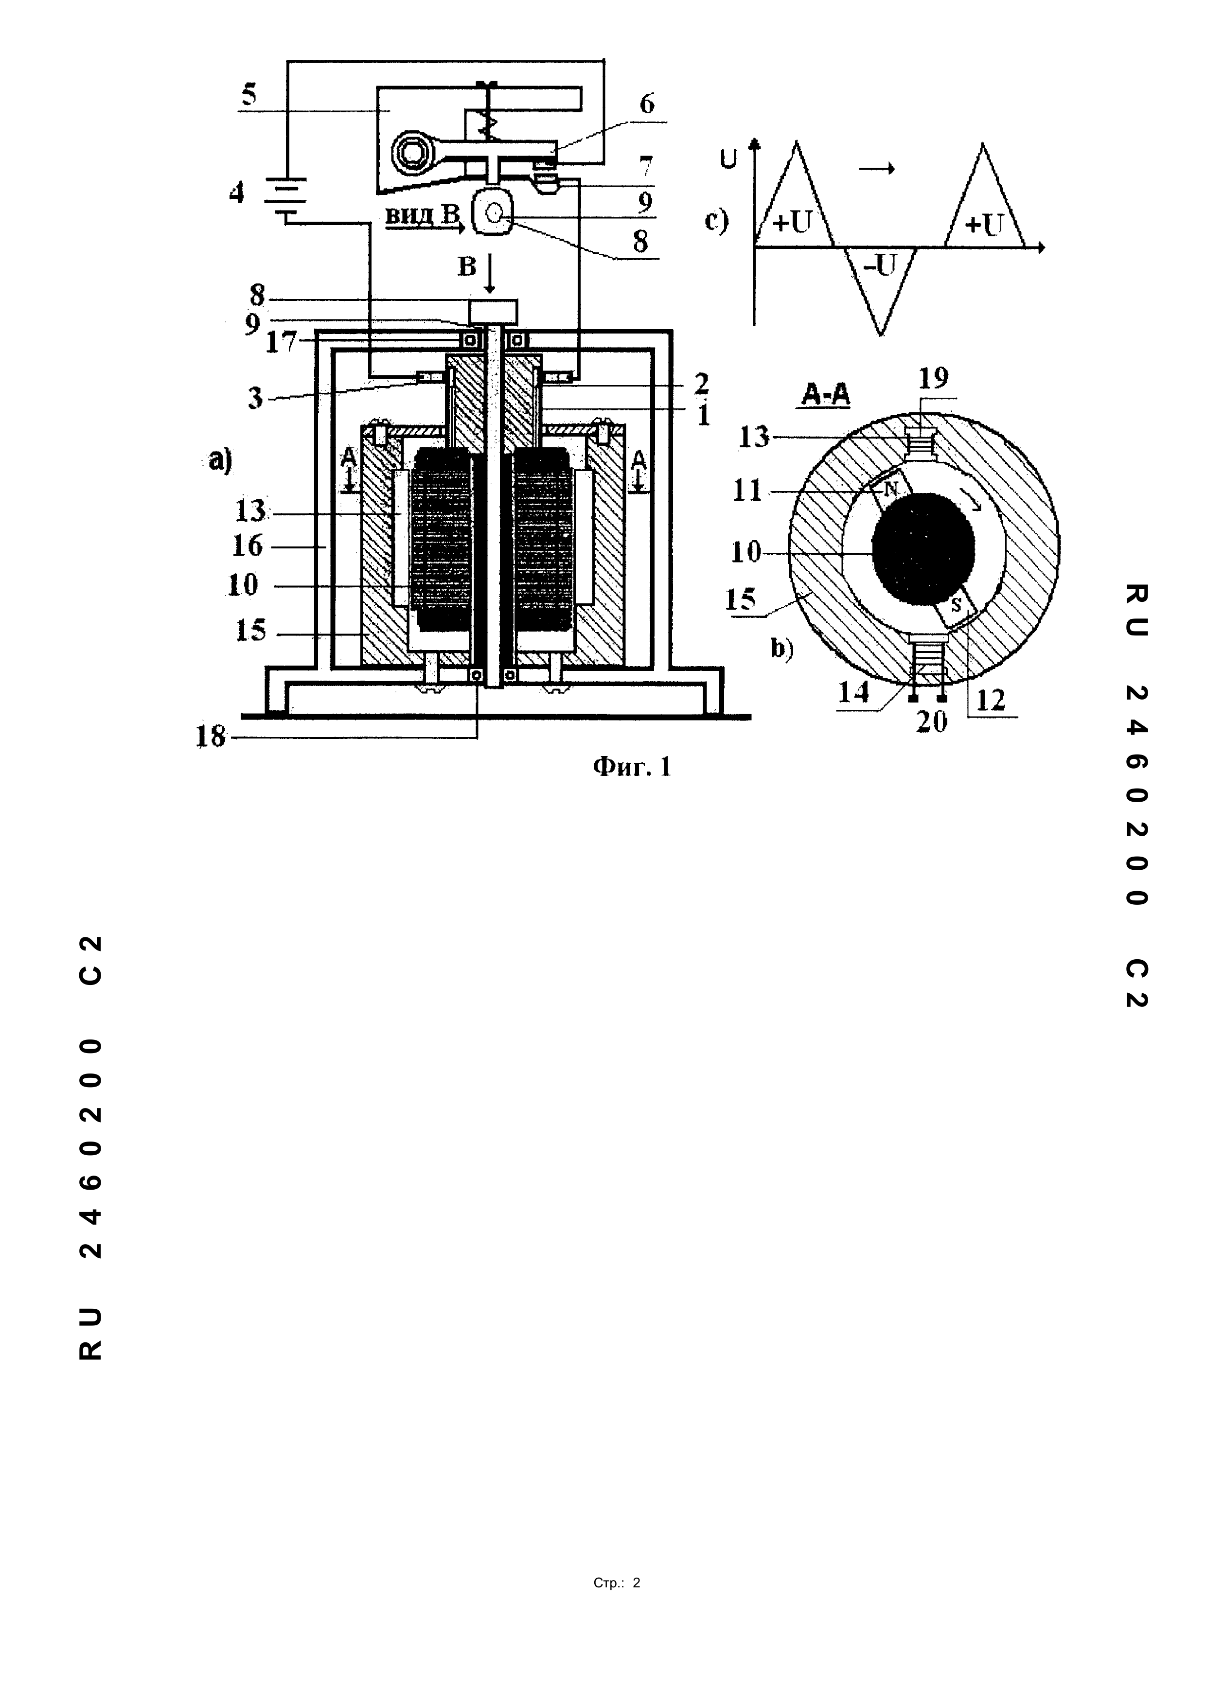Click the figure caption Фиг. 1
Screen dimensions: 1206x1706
pyautogui.click(x=632, y=767)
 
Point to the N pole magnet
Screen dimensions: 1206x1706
pyautogui.click(x=890, y=488)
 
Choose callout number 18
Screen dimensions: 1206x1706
pyautogui.click(x=210, y=737)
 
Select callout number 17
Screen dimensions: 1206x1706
pyautogui.click(x=282, y=343)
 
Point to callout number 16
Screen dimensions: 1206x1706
pyautogui.click(x=247, y=546)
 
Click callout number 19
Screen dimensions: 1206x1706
pyautogui.click(x=933, y=378)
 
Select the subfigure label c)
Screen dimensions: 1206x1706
pyautogui.click(x=716, y=221)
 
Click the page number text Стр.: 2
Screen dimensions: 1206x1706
pyautogui.click(x=617, y=1583)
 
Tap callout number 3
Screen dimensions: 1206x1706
pyautogui.click(x=255, y=399)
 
